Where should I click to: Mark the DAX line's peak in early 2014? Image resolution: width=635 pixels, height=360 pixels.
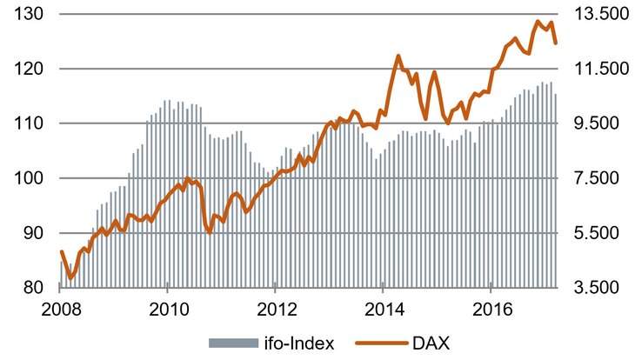[398, 57]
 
